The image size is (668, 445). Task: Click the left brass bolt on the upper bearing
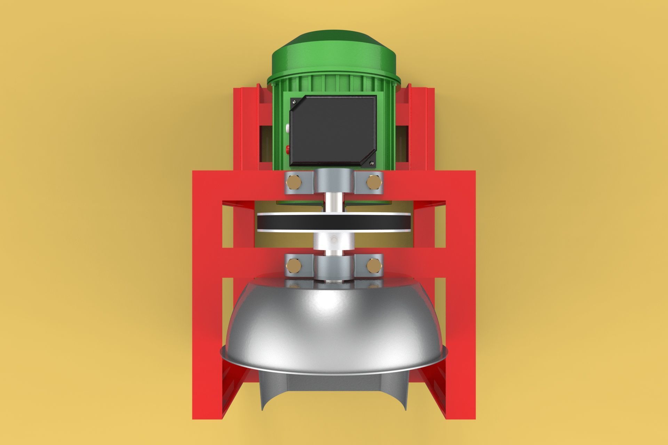point(294,182)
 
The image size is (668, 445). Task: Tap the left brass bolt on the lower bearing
point(294,266)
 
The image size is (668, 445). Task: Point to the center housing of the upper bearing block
point(334,181)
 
